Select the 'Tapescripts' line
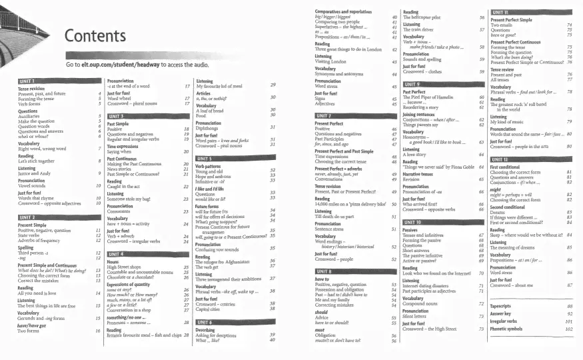[x=502, y=306]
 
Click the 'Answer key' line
[x=501, y=313]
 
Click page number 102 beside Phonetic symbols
[x=569, y=328]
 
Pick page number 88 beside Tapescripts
[x=570, y=306]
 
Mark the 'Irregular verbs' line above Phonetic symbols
[x=504, y=321]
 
